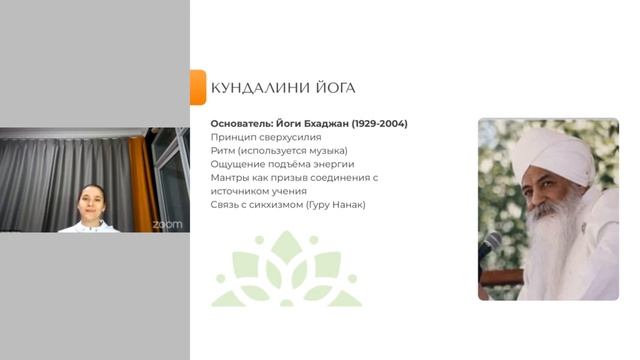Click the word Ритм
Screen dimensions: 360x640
223,151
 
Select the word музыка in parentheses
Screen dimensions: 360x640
320,151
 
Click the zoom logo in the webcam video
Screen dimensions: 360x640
167,224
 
